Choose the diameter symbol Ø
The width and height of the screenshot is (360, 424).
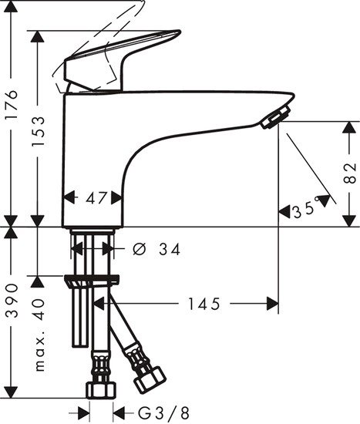click(x=139, y=250)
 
